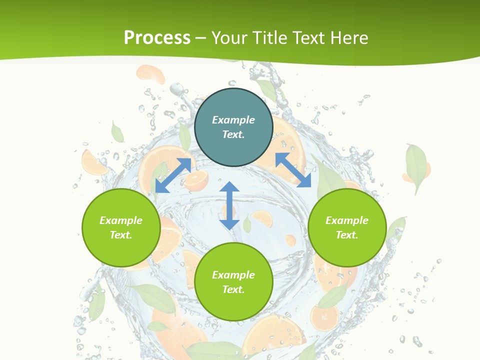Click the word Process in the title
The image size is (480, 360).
(x=157, y=38)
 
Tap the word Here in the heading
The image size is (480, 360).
(x=349, y=38)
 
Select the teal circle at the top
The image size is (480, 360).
(x=233, y=127)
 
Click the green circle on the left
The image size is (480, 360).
(x=121, y=227)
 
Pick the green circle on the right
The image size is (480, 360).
(x=347, y=227)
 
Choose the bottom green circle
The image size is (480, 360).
(x=233, y=282)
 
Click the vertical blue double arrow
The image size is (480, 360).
(x=229, y=206)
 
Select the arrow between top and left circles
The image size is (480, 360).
(x=173, y=175)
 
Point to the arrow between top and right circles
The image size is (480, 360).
(x=293, y=170)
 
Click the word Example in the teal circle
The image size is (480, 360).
(x=233, y=120)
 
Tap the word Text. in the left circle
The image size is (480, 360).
(x=121, y=235)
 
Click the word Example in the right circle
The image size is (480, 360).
(x=347, y=220)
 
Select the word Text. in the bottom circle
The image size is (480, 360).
(x=233, y=289)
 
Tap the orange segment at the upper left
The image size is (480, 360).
(x=150, y=74)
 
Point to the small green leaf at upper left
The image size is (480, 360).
(x=117, y=132)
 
